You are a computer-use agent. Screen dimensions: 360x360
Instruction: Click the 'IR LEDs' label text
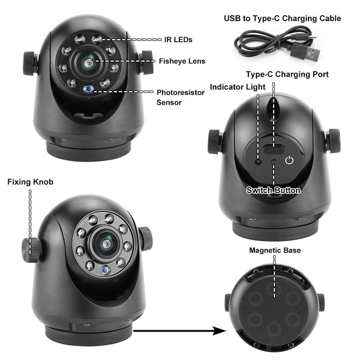tap(179, 40)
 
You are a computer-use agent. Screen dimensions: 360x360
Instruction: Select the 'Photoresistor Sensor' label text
tap(180, 97)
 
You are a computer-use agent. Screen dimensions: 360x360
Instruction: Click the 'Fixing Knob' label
tap(30, 182)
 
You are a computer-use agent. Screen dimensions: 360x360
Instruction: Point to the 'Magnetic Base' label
tap(274, 250)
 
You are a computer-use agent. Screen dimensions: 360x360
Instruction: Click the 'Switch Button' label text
tap(273, 190)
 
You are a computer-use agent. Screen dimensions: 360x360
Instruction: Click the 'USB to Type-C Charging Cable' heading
tap(283, 18)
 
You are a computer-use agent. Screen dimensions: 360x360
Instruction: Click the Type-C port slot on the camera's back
tap(273, 149)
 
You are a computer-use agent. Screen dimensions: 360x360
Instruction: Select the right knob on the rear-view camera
tap(333, 140)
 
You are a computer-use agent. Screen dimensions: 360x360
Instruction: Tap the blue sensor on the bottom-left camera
tap(105, 270)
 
